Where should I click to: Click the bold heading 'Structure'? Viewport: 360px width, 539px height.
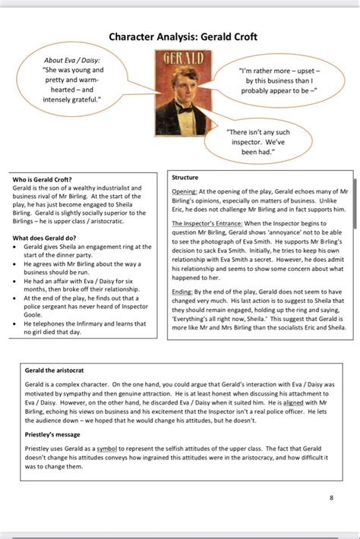click(185, 177)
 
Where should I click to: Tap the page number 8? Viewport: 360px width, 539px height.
click(331, 498)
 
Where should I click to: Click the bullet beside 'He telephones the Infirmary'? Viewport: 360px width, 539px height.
click(17, 324)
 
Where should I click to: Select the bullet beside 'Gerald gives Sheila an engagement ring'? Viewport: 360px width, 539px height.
click(17, 247)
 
